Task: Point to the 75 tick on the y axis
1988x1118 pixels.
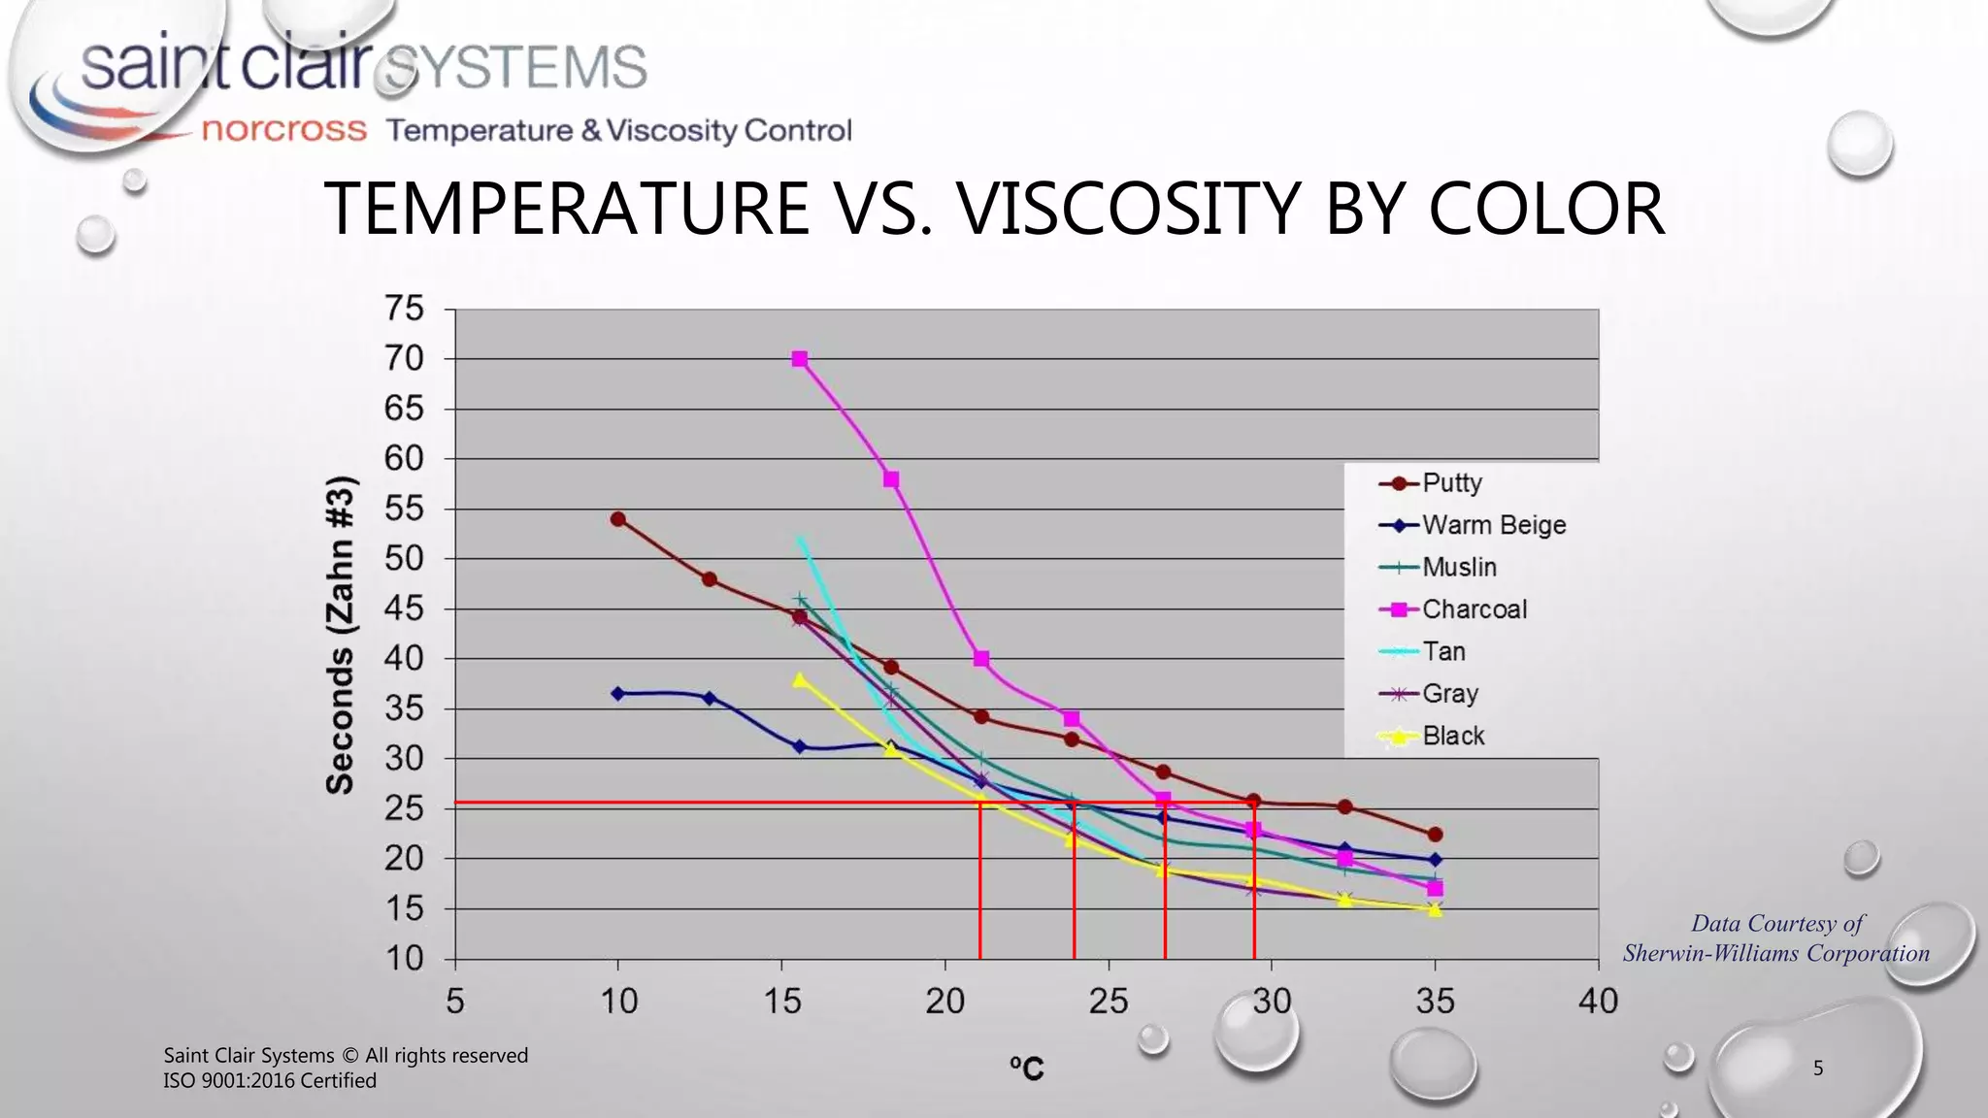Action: click(405, 309)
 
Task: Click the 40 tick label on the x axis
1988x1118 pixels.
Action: click(1598, 1001)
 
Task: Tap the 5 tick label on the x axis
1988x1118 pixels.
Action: click(455, 1001)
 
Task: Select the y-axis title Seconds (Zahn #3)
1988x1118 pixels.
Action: click(341, 636)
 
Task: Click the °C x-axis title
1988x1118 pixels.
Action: click(1026, 1069)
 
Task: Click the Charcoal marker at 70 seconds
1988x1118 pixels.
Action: click(800, 359)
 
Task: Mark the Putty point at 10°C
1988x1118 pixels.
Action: click(618, 519)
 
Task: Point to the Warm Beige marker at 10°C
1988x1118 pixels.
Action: click(618, 693)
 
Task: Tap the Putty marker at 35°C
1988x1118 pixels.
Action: click(1436, 835)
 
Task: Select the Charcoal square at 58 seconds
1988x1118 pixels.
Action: click(891, 479)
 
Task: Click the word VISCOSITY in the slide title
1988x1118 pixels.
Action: click(1129, 209)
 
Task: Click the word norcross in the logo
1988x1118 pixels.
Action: click(283, 130)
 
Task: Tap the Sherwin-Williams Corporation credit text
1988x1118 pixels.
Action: click(1775, 953)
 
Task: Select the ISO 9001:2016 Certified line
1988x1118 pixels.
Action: click(270, 1080)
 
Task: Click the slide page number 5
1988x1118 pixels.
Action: click(1818, 1069)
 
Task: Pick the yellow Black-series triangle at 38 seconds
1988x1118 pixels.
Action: click(800, 680)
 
